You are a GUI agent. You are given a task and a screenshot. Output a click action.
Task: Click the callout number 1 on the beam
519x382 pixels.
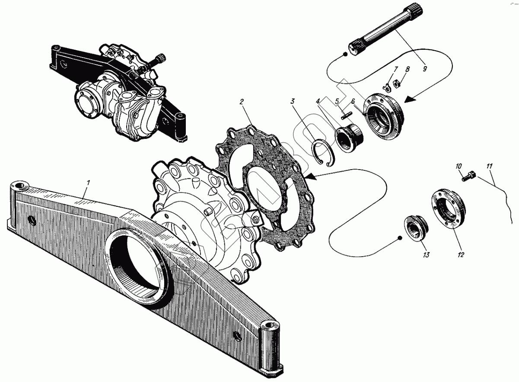point(89,183)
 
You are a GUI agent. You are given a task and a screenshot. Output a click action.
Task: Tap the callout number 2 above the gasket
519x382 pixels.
point(242,102)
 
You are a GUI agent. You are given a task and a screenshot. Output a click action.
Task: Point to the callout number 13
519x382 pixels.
point(426,256)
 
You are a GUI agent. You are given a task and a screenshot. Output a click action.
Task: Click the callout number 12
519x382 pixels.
point(461,255)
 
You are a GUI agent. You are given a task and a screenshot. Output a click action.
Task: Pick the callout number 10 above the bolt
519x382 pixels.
point(459,166)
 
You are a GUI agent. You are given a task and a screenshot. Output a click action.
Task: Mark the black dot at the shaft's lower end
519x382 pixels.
point(345,54)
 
